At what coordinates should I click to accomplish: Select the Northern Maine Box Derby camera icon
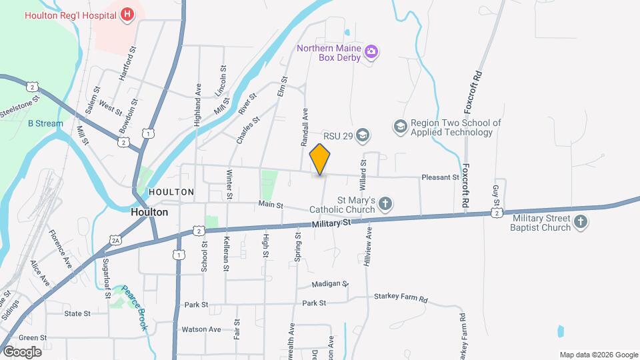pos(371,52)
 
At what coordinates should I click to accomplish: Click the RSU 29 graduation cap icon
pos(363,136)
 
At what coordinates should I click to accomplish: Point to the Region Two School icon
pos(400,127)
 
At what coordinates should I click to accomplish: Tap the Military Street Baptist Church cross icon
pos(581,223)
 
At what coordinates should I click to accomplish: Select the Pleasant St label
pos(440,177)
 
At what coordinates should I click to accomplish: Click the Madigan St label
pos(331,284)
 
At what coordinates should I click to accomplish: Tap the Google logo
pos(22,351)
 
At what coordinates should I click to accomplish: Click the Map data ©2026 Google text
pos(598,355)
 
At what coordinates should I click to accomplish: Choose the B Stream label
pos(45,123)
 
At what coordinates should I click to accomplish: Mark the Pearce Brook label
pos(133,303)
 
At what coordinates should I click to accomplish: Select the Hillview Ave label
pos(367,247)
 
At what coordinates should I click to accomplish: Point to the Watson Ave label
pos(201,329)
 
